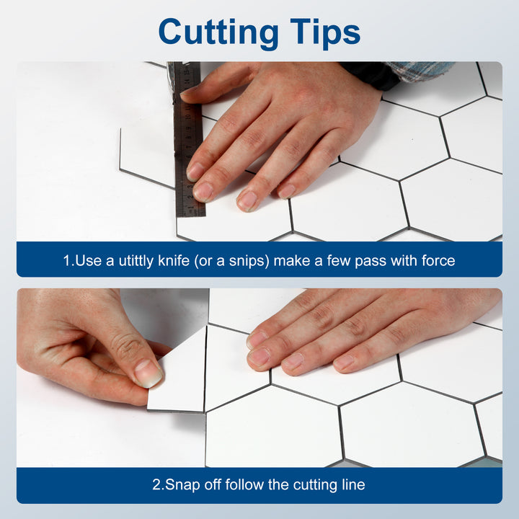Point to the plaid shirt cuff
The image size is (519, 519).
[x=418, y=71]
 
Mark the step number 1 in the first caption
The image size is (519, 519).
[x=66, y=260]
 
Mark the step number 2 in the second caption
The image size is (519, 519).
[x=156, y=485]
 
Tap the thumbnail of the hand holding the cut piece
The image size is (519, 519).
[x=148, y=373]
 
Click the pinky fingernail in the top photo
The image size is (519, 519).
[x=287, y=190]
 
